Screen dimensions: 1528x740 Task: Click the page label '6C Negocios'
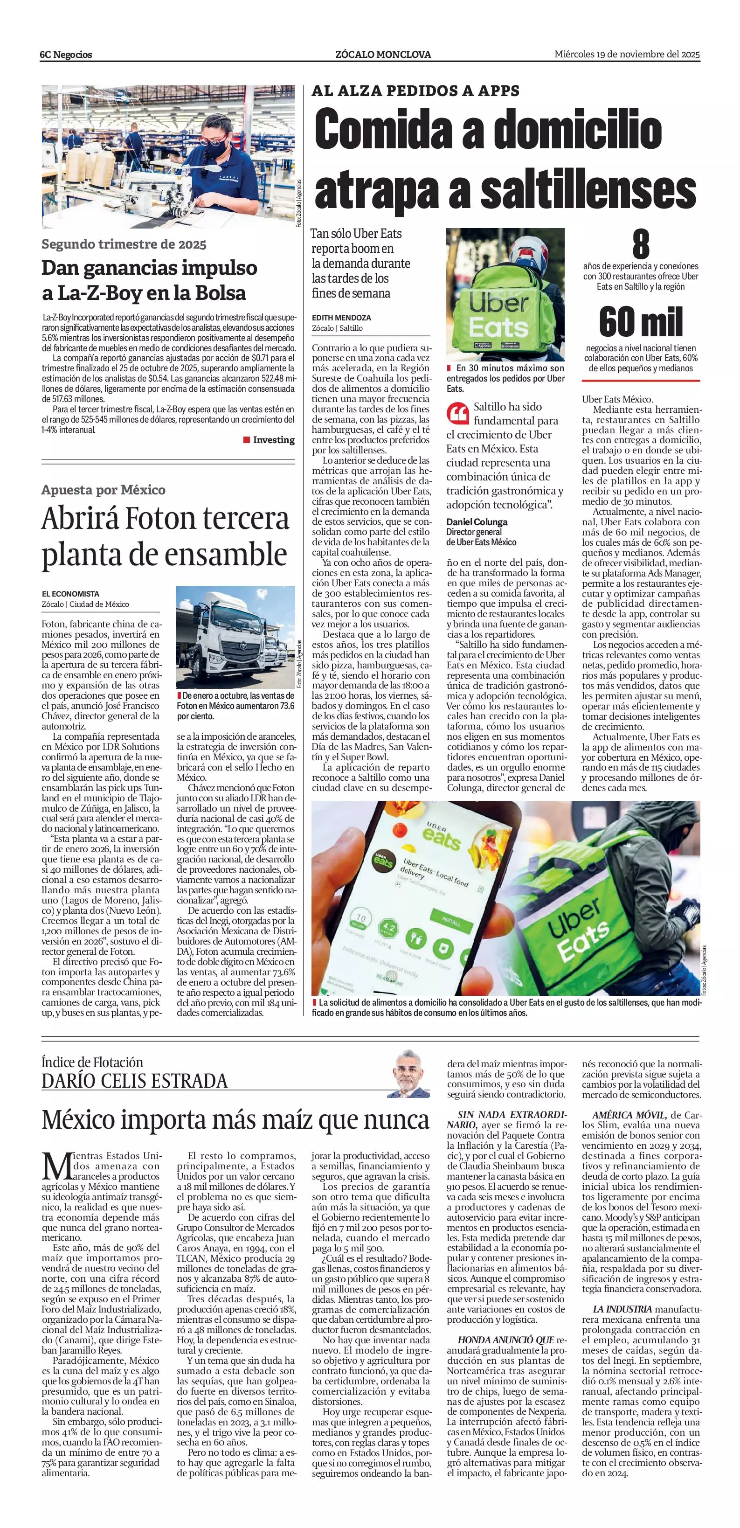pyautogui.click(x=66, y=55)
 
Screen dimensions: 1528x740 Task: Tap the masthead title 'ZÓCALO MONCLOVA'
pyautogui.click(x=383, y=55)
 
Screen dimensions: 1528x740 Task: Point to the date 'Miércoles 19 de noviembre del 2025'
pyautogui.click(x=627, y=54)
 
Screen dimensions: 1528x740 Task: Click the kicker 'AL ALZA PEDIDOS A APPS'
pyautogui.click(x=415, y=91)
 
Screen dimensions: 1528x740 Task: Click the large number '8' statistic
pyautogui.click(x=640, y=244)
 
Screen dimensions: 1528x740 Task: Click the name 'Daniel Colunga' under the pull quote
pyautogui.click(x=477, y=522)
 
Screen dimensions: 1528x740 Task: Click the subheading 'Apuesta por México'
pyautogui.click(x=103, y=490)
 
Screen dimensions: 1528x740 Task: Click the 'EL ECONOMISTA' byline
pyautogui.click(x=70, y=594)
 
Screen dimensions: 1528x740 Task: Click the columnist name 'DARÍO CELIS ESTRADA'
pyautogui.click(x=135, y=1081)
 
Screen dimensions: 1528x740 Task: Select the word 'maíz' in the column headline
pyautogui.click(x=288, y=1120)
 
